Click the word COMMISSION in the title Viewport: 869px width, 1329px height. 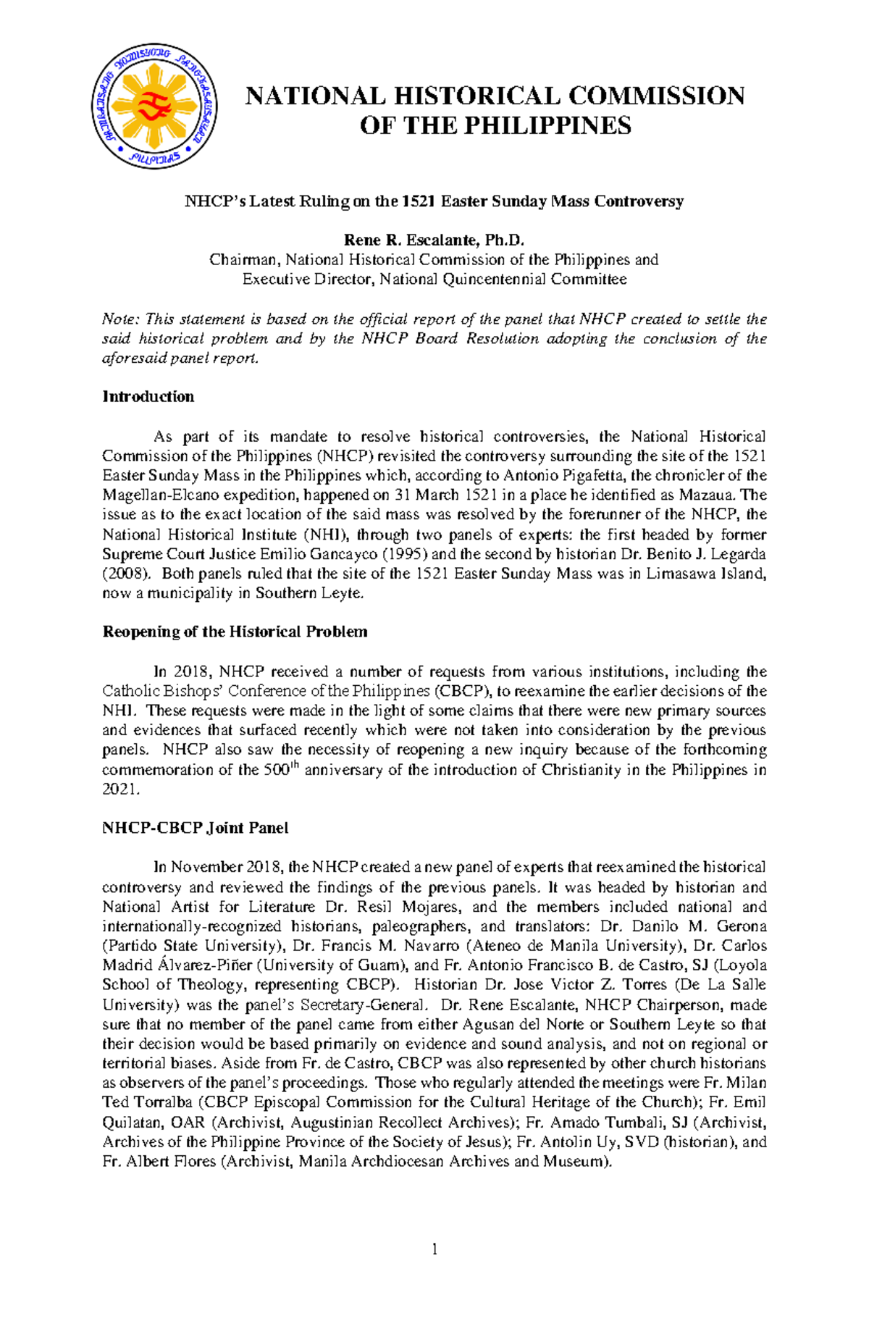coord(656,96)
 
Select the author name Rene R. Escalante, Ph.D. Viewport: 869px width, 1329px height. coord(433,240)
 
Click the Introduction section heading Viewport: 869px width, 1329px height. coord(148,396)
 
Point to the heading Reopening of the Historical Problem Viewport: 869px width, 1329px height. coord(235,632)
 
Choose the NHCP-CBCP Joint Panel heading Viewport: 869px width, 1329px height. coord(195,828)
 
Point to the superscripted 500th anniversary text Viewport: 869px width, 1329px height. coord(281,769)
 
